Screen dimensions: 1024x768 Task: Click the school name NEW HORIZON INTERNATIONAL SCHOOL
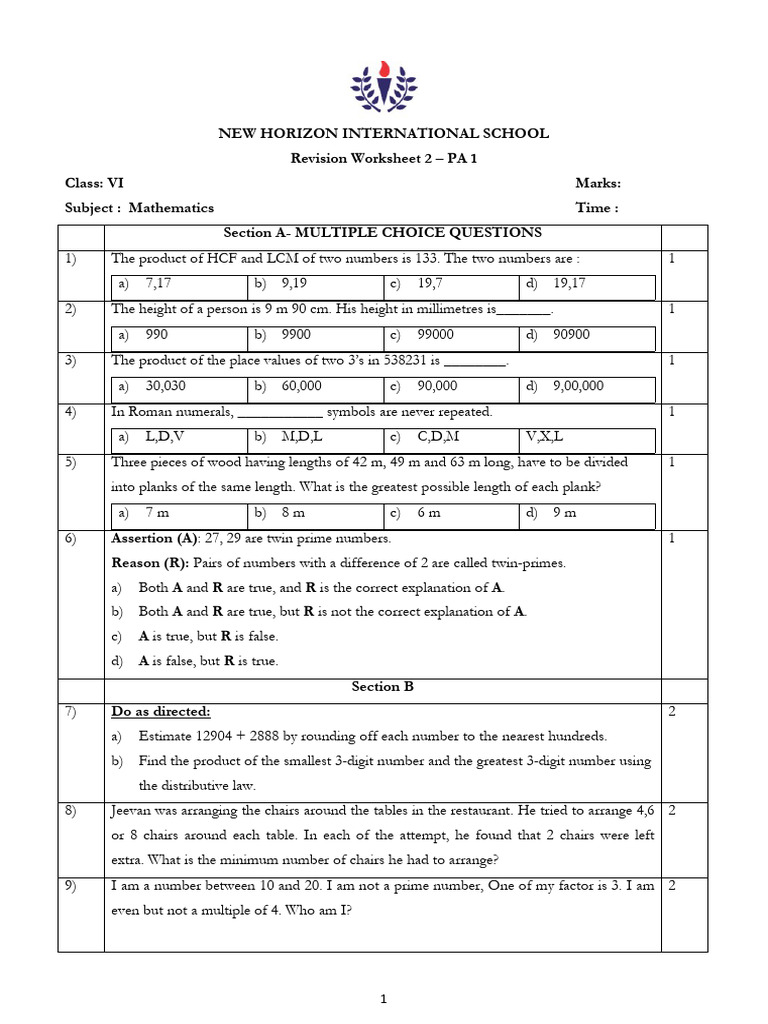384,133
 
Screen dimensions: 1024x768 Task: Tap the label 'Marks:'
598,183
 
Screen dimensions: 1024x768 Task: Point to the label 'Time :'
597,208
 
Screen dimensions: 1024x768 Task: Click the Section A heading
383,233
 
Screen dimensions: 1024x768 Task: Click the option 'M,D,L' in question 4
297,437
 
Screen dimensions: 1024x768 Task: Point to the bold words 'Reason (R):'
149,563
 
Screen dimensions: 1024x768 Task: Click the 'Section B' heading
383,687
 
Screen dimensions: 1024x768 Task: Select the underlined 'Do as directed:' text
161,711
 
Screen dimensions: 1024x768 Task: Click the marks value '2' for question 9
673,886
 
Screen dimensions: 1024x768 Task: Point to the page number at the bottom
384,998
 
